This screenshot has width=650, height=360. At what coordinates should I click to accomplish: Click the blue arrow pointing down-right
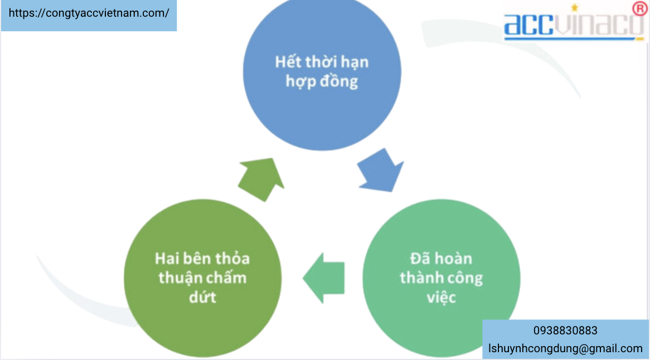[380, 171]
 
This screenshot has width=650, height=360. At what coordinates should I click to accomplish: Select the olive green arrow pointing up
[261, 179]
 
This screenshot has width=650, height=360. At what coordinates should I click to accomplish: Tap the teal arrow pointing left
[324, 278]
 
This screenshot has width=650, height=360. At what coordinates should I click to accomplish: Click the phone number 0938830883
[565, 330]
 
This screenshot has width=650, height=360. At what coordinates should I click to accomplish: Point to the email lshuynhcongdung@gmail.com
[565, 348]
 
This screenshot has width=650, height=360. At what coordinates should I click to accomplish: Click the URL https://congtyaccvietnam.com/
[89, 13]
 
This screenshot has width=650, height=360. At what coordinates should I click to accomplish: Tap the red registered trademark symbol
[639, 8]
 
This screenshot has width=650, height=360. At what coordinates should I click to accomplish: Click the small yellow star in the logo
[575, 7]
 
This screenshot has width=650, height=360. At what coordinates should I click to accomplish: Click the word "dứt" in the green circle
[202, 296]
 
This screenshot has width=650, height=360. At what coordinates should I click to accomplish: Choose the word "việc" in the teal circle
[441, 297]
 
